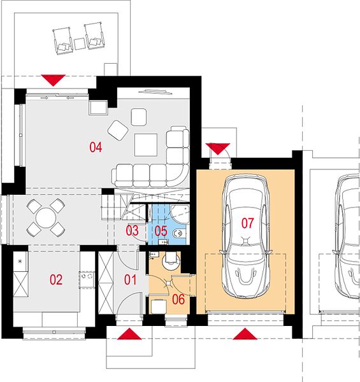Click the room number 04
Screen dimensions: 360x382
(x=96, y=147)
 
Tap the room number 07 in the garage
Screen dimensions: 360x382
(x=247, y=223)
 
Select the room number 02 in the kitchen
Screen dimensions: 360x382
(x=56, y=279)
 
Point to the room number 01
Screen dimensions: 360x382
(x=131, y=279)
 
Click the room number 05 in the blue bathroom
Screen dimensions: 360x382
(x=161, y=231)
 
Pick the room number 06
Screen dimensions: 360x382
(x=178, y=299)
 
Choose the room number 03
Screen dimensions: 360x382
(x=132, y=230)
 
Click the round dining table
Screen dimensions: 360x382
(x=46, y=218)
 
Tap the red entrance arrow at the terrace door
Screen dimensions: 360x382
(x=53, y=80)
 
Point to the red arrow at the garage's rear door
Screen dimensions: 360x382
(x=218, y=148)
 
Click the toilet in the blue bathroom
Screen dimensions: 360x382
(x=179, y=234)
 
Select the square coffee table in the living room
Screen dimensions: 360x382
(x=146, y=145)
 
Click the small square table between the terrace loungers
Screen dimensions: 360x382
(x=79, y=44)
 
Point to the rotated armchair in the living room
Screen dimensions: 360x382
(x=119, y=130)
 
